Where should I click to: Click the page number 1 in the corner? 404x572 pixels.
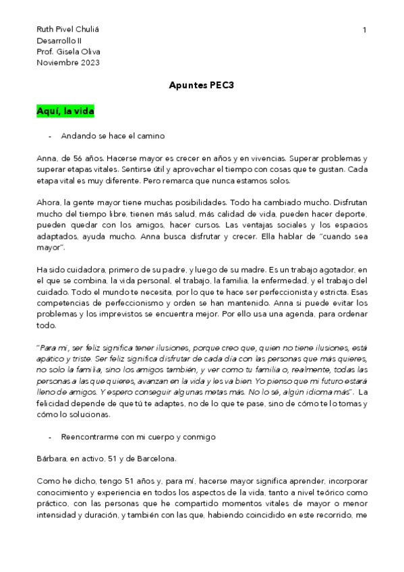click(x=364, y=30)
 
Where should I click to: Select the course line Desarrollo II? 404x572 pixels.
click(x=58, y=41)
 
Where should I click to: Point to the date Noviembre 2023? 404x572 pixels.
click(x=67, y=63)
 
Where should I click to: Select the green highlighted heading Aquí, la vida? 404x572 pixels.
click(x=65, y=111)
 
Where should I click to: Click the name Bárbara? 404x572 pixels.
click(x=51, y=459)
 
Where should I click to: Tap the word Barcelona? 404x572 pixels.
click(x=156, y=459)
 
